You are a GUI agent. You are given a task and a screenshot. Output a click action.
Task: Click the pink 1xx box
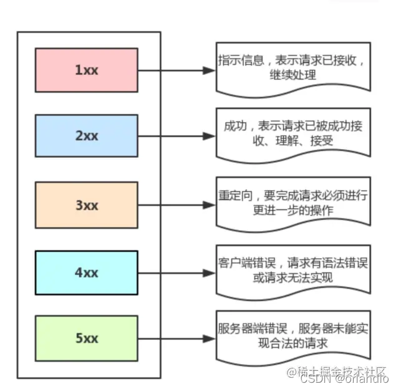point(86,70)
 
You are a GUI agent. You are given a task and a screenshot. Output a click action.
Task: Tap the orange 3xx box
point(86,205)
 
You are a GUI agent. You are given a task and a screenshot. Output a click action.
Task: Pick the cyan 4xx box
point(86,272)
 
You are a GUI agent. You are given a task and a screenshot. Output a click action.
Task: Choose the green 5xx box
point(86,339)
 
